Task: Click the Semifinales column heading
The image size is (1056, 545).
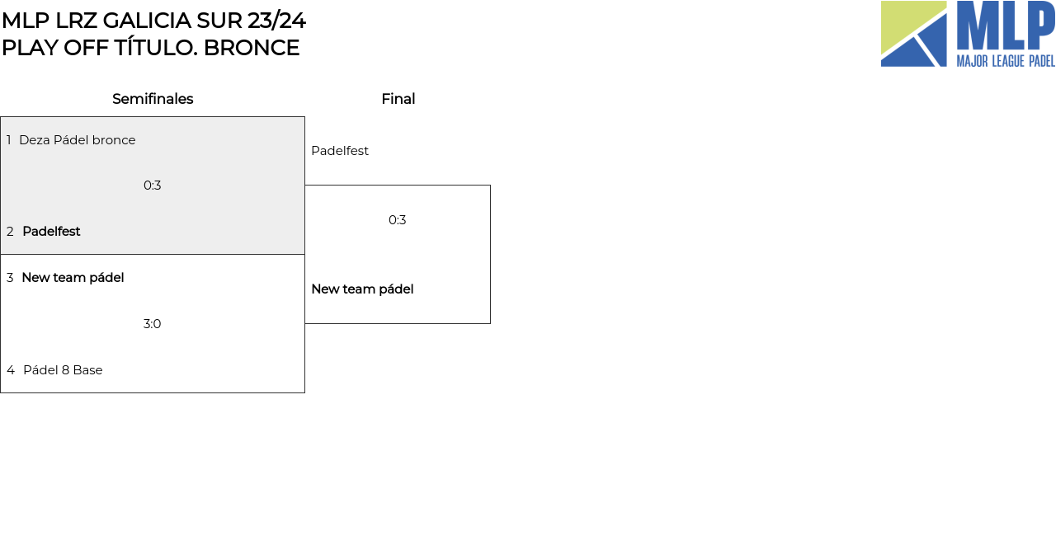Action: tap(153, 99)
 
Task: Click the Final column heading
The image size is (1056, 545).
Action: tap(398, 99)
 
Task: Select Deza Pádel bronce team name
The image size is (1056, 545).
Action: tap(77, 140)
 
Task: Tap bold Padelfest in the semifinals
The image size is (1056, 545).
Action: tap(51, 232)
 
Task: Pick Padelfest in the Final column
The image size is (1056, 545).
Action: tap(340, 151)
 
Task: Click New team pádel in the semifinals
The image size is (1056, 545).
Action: tap(73, 278)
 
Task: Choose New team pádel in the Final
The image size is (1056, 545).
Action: tap(362, 289)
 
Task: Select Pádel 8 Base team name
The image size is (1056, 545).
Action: tap(63, 370)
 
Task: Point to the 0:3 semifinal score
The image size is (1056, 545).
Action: tap(153, 186)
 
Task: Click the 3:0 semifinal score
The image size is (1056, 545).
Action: tap(153, 324)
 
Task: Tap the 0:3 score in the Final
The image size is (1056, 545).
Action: tap(398, 220)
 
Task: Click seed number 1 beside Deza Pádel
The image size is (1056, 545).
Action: tap(9, 140)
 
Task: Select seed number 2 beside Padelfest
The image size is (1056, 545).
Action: tap(10, 232)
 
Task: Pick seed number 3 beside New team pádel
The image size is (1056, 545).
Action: tap(10, 278)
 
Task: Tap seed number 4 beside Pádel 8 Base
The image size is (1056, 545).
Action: tap(11, 370)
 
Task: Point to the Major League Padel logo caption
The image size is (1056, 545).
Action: tap(1006, 61)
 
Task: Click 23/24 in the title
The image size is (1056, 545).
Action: tap(276, 21)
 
